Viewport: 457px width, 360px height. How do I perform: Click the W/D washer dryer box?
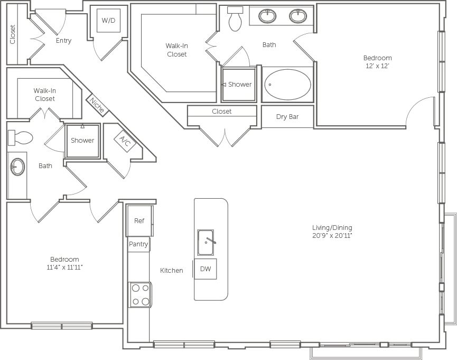108,21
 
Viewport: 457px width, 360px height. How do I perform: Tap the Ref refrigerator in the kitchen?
139,220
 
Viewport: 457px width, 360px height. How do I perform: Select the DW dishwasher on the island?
206,269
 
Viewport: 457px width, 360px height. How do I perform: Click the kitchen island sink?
206,242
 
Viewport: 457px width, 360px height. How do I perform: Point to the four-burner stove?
141,294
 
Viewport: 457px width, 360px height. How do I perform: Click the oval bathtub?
287,85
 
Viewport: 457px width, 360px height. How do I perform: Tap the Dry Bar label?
287,117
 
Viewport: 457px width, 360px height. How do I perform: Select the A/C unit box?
125,141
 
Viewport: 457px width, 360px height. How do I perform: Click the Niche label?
97,105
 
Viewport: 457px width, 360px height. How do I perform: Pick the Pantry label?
138,244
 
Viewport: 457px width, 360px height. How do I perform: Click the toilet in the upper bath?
235,20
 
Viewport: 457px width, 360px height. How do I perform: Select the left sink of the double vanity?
267,16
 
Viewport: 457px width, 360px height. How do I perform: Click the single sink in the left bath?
17,167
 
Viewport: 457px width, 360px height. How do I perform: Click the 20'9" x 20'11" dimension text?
332,236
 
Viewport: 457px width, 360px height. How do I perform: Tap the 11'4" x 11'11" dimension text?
64,267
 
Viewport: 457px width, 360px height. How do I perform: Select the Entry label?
63,41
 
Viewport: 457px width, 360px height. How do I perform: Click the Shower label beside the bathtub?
239,85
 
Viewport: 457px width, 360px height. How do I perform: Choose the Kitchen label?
172,271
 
